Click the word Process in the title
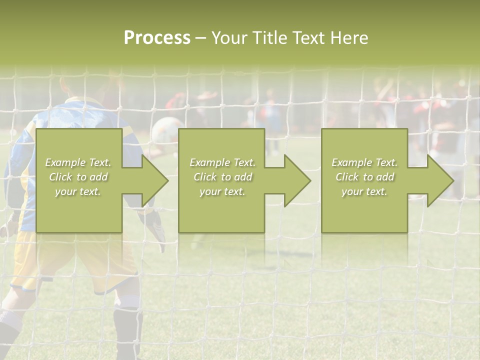tap(157, 38)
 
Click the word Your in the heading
tap(230, 38)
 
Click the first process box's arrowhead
tap(154, 180)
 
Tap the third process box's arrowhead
tap(440, 180)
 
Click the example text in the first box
tap(78, 176)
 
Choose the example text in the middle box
tap(222, 176)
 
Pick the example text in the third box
tap(364, 176)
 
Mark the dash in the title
tap(200, 38)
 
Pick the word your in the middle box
tap(209, 191)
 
